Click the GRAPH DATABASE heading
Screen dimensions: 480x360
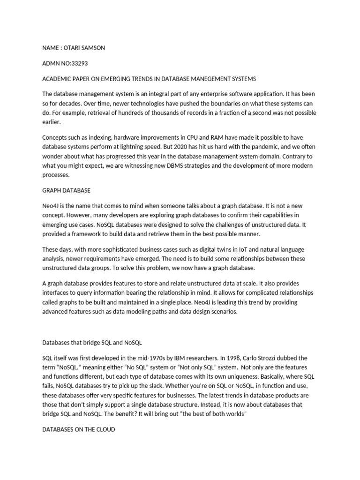pyautogui.click(x=66, y=190)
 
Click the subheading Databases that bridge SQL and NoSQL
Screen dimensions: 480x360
pyautogui.click(x=92, y=343)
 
